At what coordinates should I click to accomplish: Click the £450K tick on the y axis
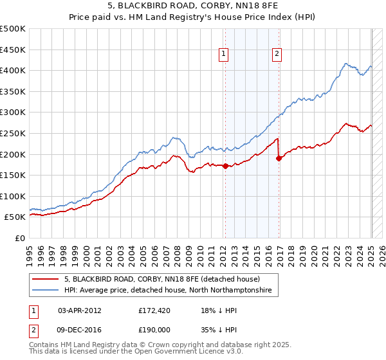(13, 50)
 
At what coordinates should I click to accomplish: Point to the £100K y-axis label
(13, 196)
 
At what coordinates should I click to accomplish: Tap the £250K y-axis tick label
(13, 133)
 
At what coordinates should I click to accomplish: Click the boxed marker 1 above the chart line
(223, 55)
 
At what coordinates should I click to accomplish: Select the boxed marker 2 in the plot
(277, 55)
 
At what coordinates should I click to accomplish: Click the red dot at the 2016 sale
(279, 158)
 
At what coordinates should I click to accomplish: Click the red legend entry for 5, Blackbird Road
(161, 280)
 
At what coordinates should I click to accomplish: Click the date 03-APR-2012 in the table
(80, 310)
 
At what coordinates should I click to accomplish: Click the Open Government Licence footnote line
(136, 352)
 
